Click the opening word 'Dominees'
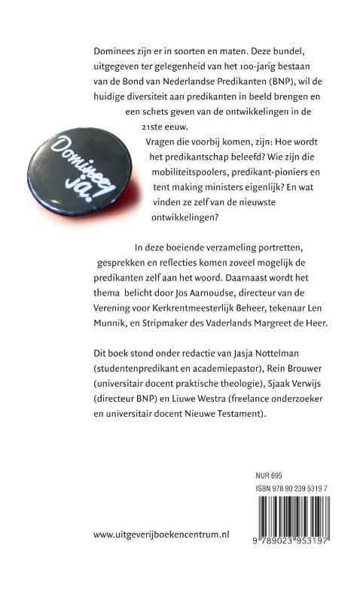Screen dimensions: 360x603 pyautogui.click(x=111, y=50)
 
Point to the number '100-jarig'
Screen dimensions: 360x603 pyautogui.click(x=227, y=66)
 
